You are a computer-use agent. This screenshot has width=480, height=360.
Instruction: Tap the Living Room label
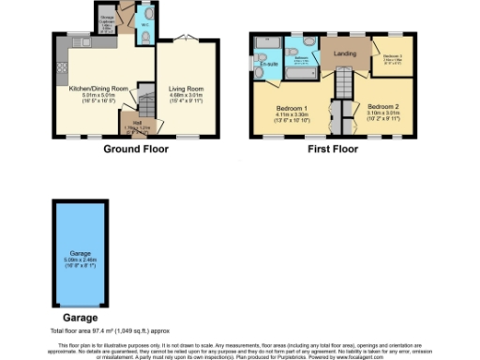tap(186, 89)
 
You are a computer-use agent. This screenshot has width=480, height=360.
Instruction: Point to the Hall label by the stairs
tap(135, 123)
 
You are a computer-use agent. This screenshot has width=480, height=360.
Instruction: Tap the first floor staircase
tap(343, 89)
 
